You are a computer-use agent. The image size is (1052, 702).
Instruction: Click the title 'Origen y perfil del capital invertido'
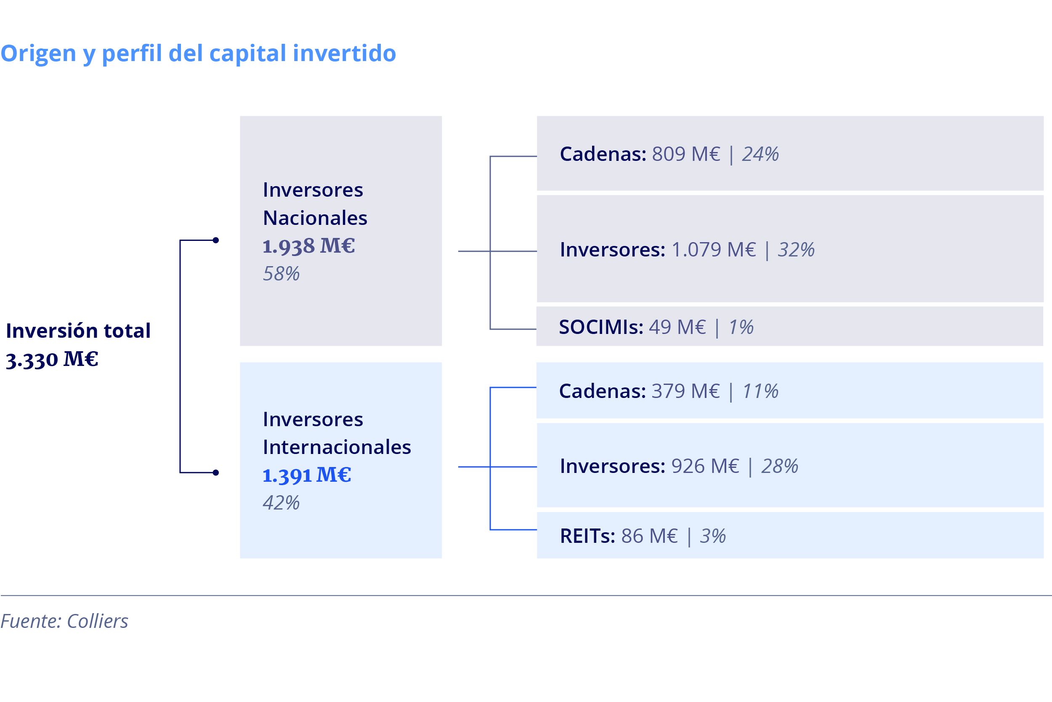(198, 54)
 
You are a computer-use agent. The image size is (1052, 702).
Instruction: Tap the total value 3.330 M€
(52, 360)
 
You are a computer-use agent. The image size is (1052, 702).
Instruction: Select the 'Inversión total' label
(78, 331)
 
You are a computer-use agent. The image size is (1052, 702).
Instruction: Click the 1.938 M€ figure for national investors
(308, 246)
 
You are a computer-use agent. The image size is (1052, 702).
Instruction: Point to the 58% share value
(281, 274)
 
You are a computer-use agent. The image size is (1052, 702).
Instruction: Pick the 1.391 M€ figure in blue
(307, 475)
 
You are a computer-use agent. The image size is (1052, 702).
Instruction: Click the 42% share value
(281, 503)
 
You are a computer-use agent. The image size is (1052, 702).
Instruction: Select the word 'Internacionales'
(337, 447)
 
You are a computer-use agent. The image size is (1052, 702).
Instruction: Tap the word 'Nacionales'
(315, 218)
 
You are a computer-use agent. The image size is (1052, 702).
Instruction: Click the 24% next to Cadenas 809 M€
(760, 154)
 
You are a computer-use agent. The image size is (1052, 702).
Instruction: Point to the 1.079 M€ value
(714, 249)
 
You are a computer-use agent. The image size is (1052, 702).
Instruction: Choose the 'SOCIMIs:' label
(601, 327)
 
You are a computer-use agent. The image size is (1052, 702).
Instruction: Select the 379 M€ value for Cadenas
(685, 391)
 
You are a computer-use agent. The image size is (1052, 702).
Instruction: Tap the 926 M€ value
(705, 466)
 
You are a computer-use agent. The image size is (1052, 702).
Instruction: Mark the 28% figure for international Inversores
(780, 466)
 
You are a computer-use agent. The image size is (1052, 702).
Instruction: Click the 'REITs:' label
(588, 536)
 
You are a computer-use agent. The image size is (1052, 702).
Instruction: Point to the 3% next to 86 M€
(713, 536)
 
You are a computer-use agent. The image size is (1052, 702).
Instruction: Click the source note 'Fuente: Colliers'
(64, 622)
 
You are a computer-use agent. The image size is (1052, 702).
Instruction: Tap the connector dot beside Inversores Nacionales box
(215, 240)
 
